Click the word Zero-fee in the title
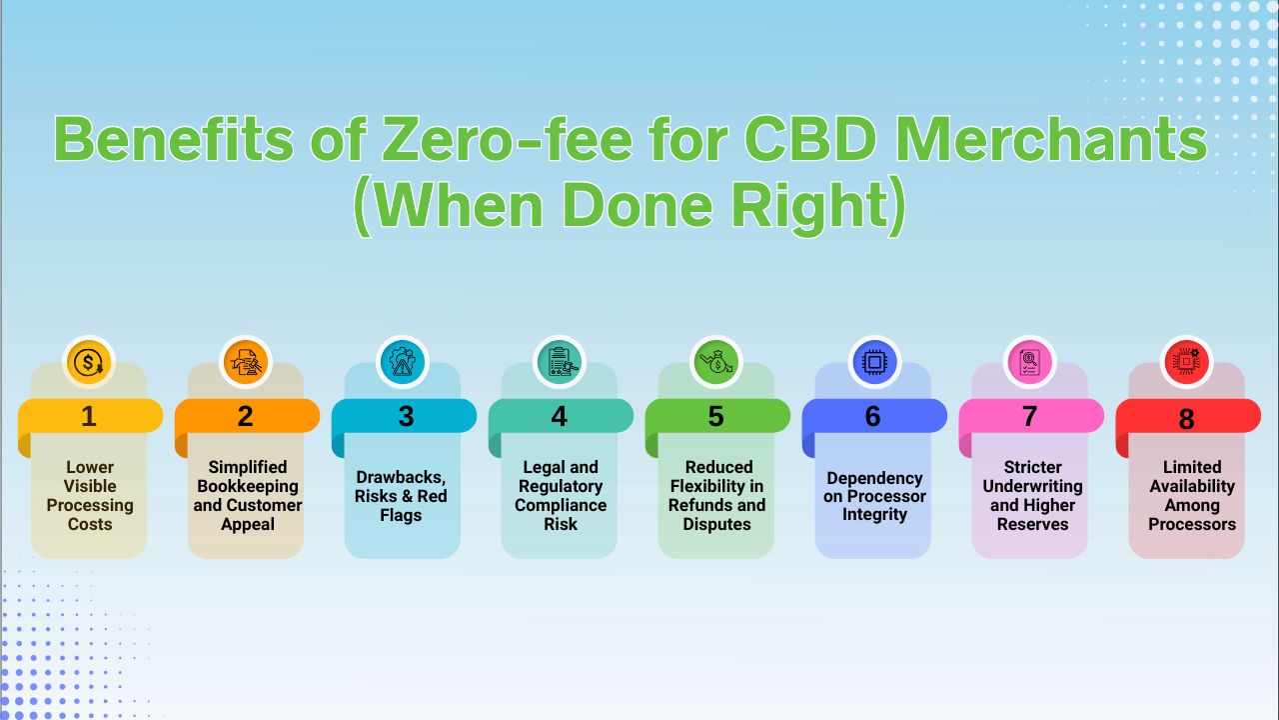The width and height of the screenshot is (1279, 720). click(x=507, y=139)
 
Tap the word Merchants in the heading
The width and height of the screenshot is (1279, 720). click(x=1051, y=139)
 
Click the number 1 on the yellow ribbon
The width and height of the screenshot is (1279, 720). click(x=89, y=416)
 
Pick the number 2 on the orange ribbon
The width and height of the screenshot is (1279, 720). click(x=246, y=416)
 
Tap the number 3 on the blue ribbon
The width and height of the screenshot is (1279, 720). click(x=406, y=416)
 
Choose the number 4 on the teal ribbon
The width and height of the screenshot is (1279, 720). click(x=560, y=416)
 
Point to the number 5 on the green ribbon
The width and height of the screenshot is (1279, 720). click(x=716, y=416)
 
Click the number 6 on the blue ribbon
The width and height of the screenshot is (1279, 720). click(x=873, y=416)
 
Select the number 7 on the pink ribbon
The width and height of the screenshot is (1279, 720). click(x=1029, y=416)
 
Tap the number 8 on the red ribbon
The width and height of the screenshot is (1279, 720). click(x=1186, y=419)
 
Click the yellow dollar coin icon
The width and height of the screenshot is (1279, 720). click(x=89, y=362)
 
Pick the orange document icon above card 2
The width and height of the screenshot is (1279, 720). click(x=246, y=362)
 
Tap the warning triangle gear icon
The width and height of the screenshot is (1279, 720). click(x=403, y=362)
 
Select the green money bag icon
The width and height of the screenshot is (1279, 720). click(x=716, y=362)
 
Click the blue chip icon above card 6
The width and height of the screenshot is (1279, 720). click(x=874, y=362)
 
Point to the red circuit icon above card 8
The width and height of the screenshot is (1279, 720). click(x=1186, y=362)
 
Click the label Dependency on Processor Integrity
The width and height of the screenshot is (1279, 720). click(x=874, y=496)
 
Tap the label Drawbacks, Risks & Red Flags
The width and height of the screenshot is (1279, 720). click(x=401, y=496)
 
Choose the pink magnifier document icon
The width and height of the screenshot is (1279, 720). click(x=1029, y=362)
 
